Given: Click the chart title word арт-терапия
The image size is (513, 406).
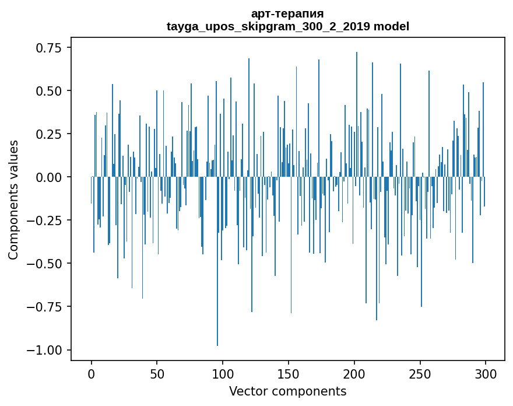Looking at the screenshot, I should tap(287, 13).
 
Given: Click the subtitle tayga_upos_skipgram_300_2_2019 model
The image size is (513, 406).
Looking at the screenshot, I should tap(287, 26).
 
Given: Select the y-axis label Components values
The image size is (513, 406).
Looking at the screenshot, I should tap(13, 199).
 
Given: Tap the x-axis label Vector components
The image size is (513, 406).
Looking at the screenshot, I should tap(287, 391).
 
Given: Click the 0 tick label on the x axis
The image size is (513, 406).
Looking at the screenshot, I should tap(92, 374).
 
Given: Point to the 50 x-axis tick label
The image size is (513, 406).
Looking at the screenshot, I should tap(157, 374).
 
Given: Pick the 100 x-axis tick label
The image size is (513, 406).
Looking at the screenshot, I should tap(223, 374).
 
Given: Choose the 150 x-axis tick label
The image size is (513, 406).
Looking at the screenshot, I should tap(289, 374).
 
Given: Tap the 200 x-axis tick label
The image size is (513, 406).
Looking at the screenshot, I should tap(354, 374).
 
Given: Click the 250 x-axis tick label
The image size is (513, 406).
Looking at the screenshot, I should tap(420, 374).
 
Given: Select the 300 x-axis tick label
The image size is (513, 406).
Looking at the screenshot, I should tap(486, 374).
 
